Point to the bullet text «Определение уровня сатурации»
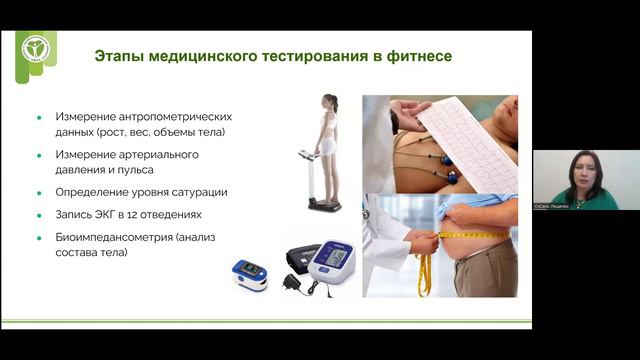[135, 192]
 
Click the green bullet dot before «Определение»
[38, 192]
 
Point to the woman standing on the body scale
[329, 140]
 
